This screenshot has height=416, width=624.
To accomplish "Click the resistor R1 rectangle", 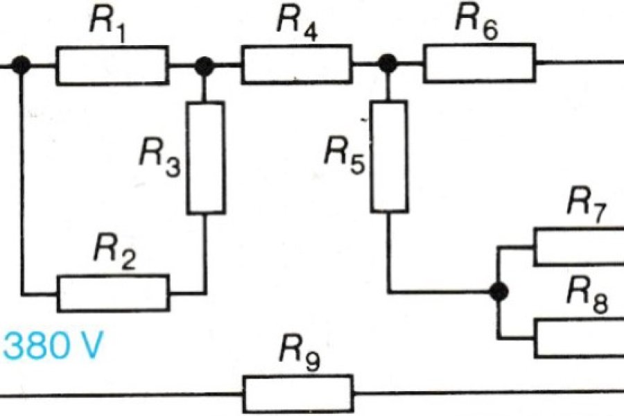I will point(112,66).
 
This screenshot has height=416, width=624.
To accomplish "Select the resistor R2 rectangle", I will point(112,293).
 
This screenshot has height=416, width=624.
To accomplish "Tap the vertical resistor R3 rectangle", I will point(206,157).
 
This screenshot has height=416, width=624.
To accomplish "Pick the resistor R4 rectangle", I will point(296,65).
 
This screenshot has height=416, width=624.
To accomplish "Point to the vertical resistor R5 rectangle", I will point(389,156).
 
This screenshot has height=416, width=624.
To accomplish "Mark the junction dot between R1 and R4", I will point(204,66).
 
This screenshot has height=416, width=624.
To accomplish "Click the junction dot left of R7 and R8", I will point(497,292).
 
